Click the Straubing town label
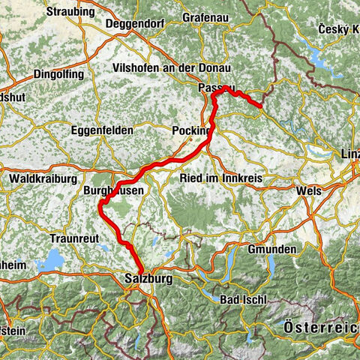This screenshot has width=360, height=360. [70, 12]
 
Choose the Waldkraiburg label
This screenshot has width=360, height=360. [42, 179]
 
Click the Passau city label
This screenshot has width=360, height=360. [216, 88]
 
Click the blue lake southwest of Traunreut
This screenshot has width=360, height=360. [52, 260]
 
